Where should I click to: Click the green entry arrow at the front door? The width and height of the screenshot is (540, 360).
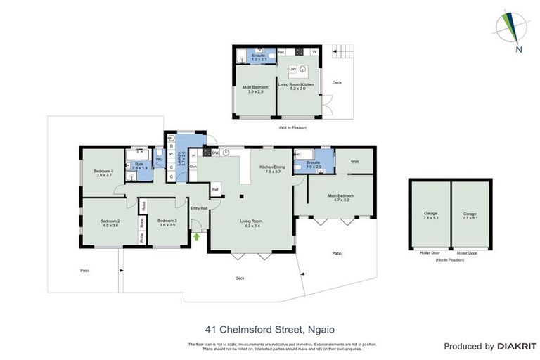click(x=197, y=236)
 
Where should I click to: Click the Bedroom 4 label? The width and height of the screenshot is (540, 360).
click(x=103, y=172)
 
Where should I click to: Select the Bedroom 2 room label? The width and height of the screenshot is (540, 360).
click(x=110, y=223)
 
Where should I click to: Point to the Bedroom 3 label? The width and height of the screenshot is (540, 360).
click(x=167, y=223)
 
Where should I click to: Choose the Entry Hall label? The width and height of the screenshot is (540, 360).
click(x=200, y=208)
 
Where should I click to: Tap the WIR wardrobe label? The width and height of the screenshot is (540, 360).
click(x=355, y=162)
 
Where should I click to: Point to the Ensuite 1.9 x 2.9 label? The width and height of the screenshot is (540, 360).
click(x=314, y=165)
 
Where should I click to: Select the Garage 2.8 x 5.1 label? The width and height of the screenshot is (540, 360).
click(x=430, y=215)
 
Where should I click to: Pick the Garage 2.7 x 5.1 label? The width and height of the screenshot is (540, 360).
click(x=470, y=215)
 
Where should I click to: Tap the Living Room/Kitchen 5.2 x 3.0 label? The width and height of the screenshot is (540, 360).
click(x=300, y=86)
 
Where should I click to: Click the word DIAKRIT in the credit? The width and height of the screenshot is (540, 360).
click(x=517, y=347)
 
